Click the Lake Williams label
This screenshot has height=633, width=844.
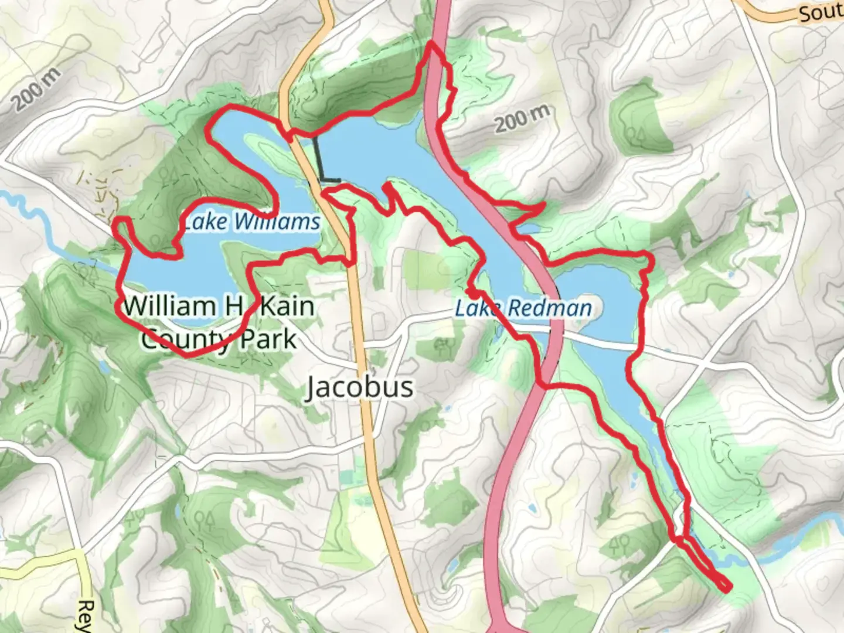tap(251, 222)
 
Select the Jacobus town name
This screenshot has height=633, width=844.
tap(359, 387)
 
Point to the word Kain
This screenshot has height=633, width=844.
tap(287, 306)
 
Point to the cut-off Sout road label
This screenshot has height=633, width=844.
tap(821, 13)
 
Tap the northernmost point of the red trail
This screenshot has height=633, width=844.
tap(433, 43)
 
